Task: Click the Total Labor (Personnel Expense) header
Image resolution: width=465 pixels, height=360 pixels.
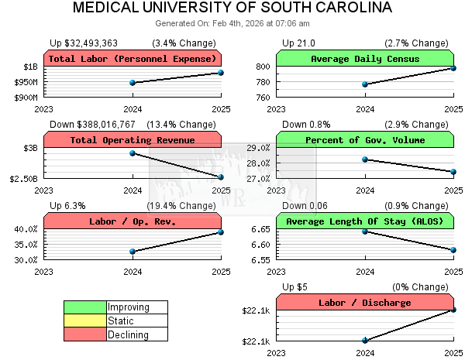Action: (133, 59)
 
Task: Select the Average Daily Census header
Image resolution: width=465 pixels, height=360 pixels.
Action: (365, 59)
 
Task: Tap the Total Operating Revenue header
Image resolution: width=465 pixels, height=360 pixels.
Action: (133, 140)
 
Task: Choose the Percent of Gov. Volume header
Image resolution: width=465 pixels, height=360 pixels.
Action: (365, 140)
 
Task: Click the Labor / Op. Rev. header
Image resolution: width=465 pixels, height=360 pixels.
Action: (133, 221)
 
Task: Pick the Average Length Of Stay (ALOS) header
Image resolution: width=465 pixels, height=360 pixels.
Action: (365, 221)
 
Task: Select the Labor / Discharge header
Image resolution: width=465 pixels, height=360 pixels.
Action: (365, 303)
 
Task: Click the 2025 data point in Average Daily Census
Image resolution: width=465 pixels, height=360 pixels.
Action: (453, 68)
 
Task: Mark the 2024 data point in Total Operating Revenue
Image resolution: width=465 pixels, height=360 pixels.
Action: (133, 153)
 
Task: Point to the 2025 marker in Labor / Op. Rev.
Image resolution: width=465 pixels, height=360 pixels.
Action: (221, 232)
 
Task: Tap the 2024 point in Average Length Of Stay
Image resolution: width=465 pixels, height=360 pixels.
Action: (365, 231)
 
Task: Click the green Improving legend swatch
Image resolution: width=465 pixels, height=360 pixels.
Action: (84, 307)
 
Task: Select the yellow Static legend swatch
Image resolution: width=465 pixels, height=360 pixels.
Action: (84, 321)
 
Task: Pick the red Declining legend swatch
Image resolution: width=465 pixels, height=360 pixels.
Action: (84, 334)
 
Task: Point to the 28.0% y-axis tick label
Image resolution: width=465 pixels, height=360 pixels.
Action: (258, 163)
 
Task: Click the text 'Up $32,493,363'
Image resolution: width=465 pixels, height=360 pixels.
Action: (84, 43)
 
